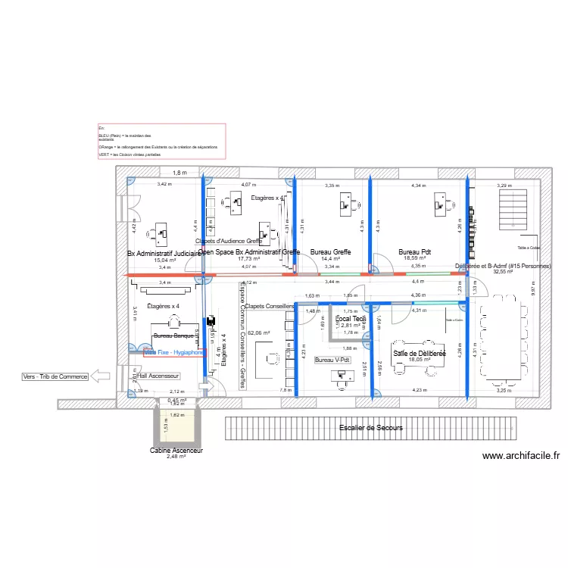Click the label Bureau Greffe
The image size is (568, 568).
pyautogui.click(x=328, y=251)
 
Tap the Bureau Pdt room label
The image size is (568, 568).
pyautogui.click(x=414, y=251)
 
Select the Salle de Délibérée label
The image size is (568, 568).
pyautogui.click(x=419, y=354)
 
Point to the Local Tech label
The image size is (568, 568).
pyautogui.click(x=351, y=320)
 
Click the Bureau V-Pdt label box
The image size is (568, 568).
pyautogui.click(x=333, y=360)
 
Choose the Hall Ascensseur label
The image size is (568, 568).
pyautogui.click(x=157, y=376)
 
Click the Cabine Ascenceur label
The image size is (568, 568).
pyautogui.click(x=176, y=450)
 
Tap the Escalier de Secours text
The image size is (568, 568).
pyautogui.click(x=371, y=428)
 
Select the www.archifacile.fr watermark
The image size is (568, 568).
pyautogui.click(x=520, y=456)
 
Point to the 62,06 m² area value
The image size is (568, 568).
pyautogui.click(x=259, y=332)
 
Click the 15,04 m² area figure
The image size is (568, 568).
pyautogui.click(x=164, y=260)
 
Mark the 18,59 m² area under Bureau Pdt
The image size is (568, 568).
pyautogui.click(x=416, y=258)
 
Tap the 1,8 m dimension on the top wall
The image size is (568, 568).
pyautogui.click(x=179, y=173)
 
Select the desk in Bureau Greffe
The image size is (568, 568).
pyautogui.click(x=347, y=202)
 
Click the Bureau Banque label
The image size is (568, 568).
pyautogui.click(x=174, y=335)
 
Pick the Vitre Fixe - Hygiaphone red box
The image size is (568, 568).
pyautogui.click(x=173, y=352)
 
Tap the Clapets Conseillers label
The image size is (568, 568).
pyautogui.click(x=270, y=306)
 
